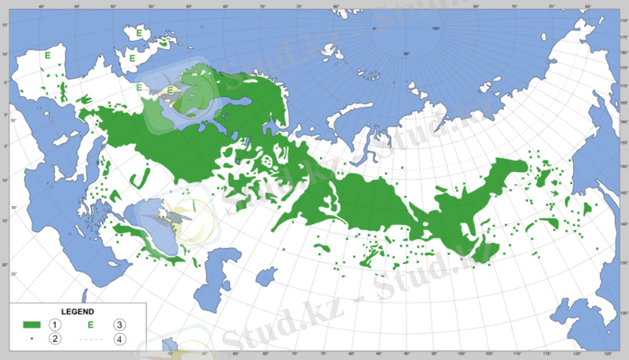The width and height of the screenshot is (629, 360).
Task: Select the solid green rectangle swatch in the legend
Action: click(x=31, y=325)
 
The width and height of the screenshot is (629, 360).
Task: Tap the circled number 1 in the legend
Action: click(x=55, y=325)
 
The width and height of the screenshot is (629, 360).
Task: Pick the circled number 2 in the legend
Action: click(x=55, y=339)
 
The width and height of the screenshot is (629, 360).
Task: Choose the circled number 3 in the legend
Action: click(x=120, y=325)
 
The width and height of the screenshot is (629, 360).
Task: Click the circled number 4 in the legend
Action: click(x=120, y=339)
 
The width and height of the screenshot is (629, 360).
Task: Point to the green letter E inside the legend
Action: click(x=90, y=325)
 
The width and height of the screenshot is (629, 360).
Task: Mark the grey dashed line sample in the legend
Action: click(x=90, y=339)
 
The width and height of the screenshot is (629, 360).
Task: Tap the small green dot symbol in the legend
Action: click(x=31, y=339)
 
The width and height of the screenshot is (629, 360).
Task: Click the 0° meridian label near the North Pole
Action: click(x=374, y=29)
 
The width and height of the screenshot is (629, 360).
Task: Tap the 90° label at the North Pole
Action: click(x=406, y=53)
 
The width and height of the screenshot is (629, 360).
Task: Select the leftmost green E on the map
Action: click(x=49, y=56)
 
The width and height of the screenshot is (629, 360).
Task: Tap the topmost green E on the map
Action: click(x=139, y=34)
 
